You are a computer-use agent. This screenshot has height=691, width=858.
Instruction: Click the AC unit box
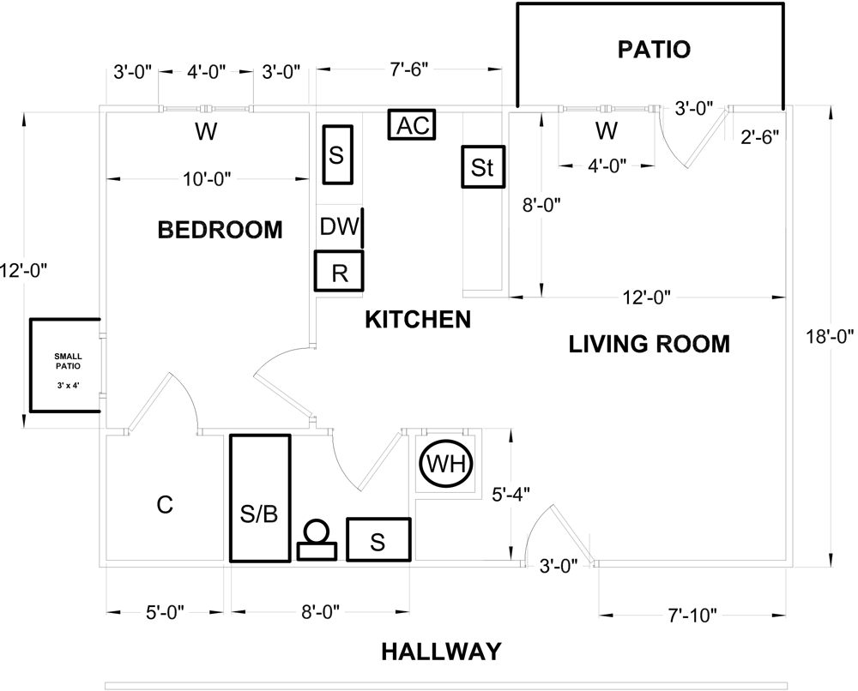pyautogui.click(x=413, y=125)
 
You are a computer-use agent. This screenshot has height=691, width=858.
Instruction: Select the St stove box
pyautogui.click(x=483, y=167)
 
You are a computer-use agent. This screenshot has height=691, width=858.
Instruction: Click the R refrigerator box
pyautogui.click(x=339, y=272)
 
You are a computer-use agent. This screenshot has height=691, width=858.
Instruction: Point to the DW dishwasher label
pyautogui.click(x=339, y=227)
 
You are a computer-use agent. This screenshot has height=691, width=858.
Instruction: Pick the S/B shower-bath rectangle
pyautogui.click(x=260, y=498)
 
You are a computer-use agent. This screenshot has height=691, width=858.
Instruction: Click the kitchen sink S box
pyautogui.click(x=337, y=155)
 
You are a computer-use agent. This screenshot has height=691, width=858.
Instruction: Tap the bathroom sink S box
pyautogui.click(x=378, y=539)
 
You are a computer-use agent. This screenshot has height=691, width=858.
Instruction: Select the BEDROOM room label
pyautogui.click(x=221, y=230)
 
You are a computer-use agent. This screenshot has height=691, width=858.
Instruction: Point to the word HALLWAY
pyautogui.click(x=440, y=652)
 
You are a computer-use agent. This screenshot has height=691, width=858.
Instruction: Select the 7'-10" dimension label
pyautogui.click(x=692, y=614)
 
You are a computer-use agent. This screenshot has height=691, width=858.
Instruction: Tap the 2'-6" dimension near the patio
pyautogui.click(x=758, y=135)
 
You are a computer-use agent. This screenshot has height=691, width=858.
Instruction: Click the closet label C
pyautogui.click(x=165, y=506)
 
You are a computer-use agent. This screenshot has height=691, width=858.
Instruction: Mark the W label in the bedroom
pyautogui.click(x=205, y=132)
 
